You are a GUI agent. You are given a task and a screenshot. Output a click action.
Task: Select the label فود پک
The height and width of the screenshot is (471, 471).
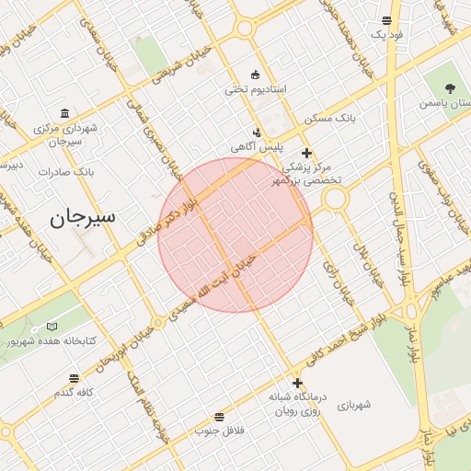click(x=387, y=34)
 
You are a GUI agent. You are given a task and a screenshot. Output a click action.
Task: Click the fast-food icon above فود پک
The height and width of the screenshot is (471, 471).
click(x=387, y=19)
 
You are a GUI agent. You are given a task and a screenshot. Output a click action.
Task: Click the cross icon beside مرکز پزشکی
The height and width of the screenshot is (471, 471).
click(x=306, y=153)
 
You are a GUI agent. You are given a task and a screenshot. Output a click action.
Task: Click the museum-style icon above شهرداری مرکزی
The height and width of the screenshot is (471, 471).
click(x=63, y=112)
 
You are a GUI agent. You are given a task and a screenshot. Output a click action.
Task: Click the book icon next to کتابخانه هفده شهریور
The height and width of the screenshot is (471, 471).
click(x=52, y=327)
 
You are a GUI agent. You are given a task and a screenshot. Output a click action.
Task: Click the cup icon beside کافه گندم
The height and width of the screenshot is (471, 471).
click(x=75, y=377)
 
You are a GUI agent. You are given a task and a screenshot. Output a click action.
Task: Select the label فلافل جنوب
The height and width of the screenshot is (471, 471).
click(x=216, y=431)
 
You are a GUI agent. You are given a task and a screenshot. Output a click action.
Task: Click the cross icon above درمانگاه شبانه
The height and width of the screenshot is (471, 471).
click(x=297, y=383)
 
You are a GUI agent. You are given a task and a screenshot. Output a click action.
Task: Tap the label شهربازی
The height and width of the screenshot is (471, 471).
click(x=353, y=405)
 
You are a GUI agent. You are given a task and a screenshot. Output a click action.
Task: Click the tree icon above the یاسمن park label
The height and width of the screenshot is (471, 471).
click(x=450, y=88)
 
